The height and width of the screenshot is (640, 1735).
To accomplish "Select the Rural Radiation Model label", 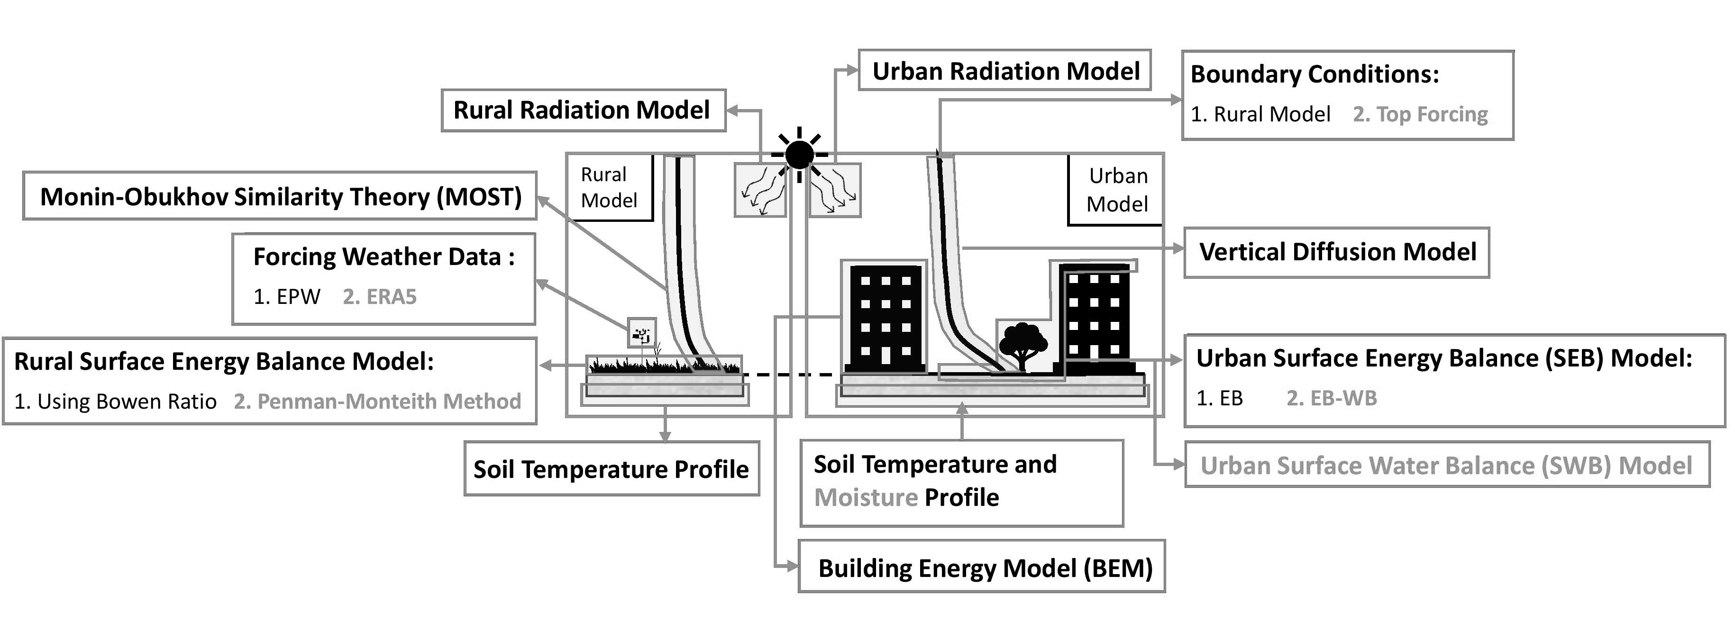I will click(583, 110).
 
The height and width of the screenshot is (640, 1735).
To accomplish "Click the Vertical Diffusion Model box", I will click(1336, 252).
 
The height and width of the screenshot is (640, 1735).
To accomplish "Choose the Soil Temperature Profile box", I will click(611, 469).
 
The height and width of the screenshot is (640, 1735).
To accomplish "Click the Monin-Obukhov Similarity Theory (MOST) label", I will click(280, 197).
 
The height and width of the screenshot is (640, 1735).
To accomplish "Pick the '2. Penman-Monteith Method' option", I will click(377, 402).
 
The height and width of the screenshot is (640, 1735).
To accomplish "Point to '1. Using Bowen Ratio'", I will click(115, 402).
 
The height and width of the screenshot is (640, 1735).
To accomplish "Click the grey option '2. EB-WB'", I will click(1331, 398).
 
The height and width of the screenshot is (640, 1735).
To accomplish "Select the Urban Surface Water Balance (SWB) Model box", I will click(1446, 466).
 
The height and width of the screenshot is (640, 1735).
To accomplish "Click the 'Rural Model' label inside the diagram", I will click(608, 187).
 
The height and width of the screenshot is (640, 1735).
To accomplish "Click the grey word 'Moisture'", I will click(866, 498).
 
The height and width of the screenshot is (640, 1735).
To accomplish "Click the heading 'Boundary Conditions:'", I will click(1314, 74).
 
